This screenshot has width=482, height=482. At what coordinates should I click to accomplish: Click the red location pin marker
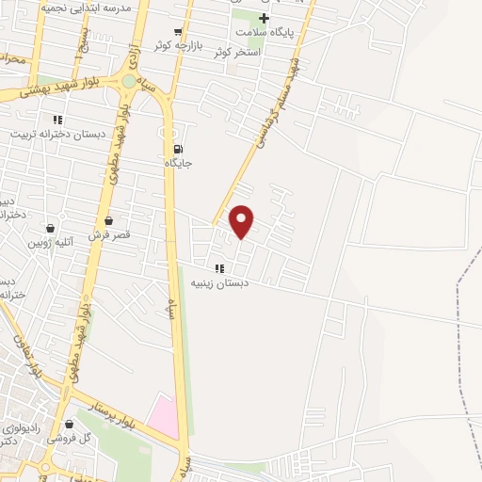tap(242, 220)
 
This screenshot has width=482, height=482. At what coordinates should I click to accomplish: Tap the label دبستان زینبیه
tap(218, 282)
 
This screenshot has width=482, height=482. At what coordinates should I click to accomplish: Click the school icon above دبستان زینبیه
tap(219, 268)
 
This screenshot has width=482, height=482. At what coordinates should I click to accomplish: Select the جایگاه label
tap(179, 163)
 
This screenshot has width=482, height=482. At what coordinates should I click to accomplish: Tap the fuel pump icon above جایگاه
tap(178, 149)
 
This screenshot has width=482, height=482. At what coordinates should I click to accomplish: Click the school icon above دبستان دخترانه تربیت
tap(57, 120)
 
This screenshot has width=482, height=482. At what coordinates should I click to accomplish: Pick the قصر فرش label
tap(108, 233)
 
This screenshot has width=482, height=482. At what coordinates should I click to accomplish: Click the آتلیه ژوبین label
tap(49, 242)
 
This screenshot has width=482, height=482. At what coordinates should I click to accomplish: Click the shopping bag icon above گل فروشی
tap(68, 424)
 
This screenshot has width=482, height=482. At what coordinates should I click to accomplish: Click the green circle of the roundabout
tap(129, 82)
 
